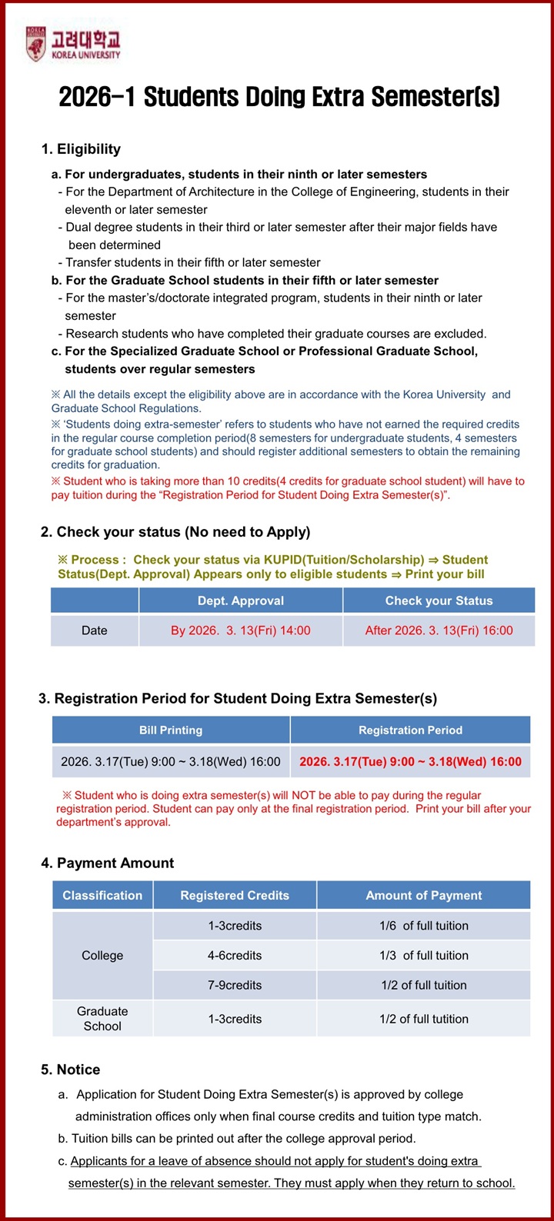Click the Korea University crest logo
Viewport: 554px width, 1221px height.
[x=36, y=44]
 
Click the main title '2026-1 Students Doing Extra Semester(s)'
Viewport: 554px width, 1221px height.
[x=279, y=97]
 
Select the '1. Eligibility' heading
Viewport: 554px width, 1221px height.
[x=81, y=149]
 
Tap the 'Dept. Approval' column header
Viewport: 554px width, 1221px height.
[x=241, y=601]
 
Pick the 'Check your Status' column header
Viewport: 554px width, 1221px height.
[x=439, y=601]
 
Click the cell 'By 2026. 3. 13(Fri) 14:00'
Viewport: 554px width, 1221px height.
[x=241, y=630]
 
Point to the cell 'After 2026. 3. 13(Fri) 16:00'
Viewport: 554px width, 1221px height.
[x=439, y=630]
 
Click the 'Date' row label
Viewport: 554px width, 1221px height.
[x=95, y=630]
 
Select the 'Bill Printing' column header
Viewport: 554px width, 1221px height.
[x=171, y=730]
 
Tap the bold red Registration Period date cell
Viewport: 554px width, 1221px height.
[x=410, y=762]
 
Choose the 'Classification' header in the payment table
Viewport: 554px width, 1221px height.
[x=102, y=895]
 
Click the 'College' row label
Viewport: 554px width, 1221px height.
[x=102, y=955]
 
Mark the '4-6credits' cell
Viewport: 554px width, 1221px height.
[x=235, y=955]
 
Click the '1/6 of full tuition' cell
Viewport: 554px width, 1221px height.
[x=423, y=926]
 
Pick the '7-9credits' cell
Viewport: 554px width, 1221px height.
[x=235, y=985]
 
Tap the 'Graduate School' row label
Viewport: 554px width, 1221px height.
[x=102, y=1019]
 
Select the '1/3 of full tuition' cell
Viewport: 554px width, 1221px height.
[x=423, y=955]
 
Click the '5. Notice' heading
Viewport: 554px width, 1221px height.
[x=70, y=1070]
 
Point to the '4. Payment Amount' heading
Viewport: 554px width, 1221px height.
[x=107, y=863]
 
